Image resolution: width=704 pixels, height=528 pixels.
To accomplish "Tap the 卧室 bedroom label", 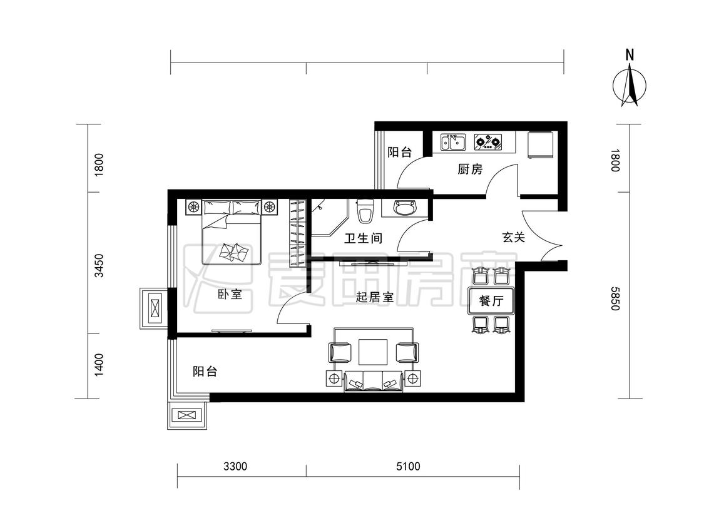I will coord(230,294).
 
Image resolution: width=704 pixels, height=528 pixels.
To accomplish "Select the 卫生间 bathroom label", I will coord(364,238).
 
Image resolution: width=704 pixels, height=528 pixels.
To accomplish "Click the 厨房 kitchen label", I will coord(470,170).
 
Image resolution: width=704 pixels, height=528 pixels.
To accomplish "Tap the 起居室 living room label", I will coord(374,298).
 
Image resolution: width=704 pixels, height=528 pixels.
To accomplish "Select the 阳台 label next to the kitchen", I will coord(400,152).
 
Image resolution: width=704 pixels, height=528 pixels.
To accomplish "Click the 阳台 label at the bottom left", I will coord(205,372).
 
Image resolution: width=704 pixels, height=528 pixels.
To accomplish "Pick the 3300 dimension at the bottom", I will coord(236,466).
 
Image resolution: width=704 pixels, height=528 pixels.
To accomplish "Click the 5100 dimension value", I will coord(408,466).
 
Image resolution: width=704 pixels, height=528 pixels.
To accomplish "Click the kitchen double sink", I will coord(452,143).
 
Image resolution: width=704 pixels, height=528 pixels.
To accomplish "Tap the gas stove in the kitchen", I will coord(488,143).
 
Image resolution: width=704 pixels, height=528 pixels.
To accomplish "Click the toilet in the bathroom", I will coord(365,211).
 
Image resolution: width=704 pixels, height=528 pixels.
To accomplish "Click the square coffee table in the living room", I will coord(373,352).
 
